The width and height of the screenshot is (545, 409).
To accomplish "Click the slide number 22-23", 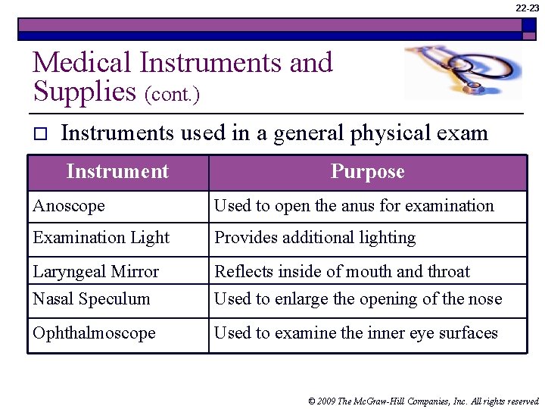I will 528,8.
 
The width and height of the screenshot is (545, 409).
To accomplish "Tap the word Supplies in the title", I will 84,91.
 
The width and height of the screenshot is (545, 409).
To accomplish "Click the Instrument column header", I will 117,172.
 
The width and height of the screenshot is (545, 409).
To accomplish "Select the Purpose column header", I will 367,172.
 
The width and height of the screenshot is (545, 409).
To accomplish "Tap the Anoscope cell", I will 69,206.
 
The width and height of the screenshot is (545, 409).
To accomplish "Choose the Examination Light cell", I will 101,238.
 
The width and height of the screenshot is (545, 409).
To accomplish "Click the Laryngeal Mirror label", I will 95,271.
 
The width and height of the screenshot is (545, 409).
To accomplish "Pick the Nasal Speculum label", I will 91,298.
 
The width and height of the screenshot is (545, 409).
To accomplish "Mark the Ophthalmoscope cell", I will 94,333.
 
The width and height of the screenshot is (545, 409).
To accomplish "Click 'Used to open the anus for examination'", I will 353,206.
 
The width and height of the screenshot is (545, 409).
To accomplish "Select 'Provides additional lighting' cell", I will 315,238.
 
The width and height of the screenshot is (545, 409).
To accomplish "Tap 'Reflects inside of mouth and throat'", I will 341,271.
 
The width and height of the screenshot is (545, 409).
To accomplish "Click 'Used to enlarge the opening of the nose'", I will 358,298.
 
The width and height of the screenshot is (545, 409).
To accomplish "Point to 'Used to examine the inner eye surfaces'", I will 356,333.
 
